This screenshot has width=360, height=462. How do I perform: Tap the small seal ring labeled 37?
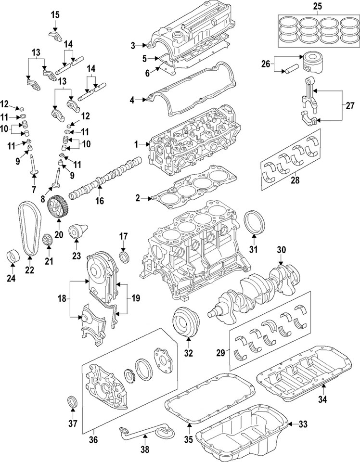coord(73,401)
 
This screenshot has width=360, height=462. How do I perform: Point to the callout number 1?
coord(137,144)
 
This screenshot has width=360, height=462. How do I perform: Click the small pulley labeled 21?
coord(47,239)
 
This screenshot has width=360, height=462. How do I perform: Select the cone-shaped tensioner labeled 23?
coord(77,232)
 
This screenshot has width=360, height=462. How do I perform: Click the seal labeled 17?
coord(124,255)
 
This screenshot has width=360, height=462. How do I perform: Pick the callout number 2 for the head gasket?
coord(137,198)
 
